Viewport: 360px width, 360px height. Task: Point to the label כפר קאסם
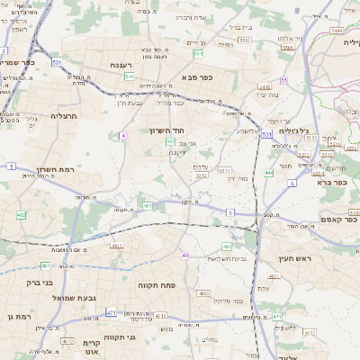coord(339,219)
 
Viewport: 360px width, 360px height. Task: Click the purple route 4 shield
coord(121,135)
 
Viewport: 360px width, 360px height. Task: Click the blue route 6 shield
coord(292,183)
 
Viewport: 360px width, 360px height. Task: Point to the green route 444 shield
coord(268,172)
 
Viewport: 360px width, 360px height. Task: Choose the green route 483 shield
coord(227,245)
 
